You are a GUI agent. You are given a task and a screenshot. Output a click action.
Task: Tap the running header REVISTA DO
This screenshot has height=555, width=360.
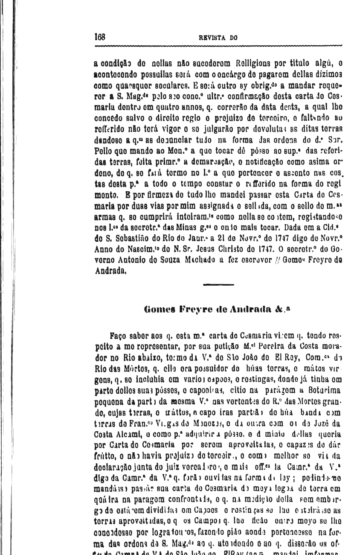click(x=218, y=38)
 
